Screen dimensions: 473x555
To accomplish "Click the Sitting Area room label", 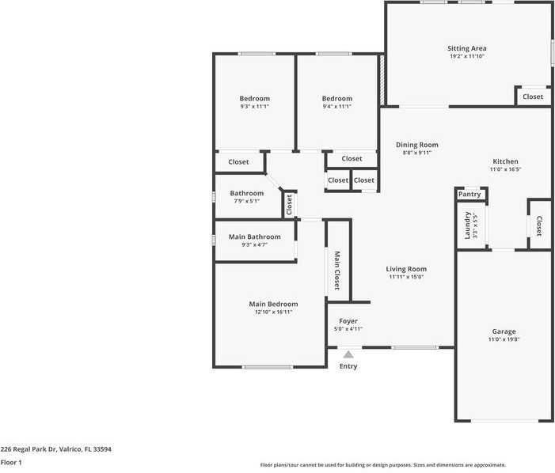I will tap(466, 48).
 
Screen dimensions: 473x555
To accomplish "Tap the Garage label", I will tap(504, 331).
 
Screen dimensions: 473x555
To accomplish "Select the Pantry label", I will tap(469, 194).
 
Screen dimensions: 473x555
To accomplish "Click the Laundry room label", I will tap(468, 225).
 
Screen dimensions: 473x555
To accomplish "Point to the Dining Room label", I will tap(416, 145).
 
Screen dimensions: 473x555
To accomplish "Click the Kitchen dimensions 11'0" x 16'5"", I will tap(505, 169).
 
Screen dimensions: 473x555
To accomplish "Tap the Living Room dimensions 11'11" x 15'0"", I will tap(407, 277).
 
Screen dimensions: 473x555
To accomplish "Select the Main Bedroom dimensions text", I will tap(273, 312).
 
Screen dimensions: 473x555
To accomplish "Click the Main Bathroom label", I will tap(254, 236).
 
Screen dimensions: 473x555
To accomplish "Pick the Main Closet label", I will tap(337, 270).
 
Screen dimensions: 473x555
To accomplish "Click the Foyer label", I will tap(348, 321).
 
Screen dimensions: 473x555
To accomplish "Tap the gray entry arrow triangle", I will tap(348, 354).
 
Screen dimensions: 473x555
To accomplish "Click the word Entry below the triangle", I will tap(348, 366).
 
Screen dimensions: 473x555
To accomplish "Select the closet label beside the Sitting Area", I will tap(533, 96).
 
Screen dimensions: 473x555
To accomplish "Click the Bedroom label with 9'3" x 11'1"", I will tap(255, 99).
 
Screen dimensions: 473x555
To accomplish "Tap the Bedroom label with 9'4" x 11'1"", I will tap(337, 99).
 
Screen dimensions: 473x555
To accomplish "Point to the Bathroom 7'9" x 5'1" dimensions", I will tap(246, 201).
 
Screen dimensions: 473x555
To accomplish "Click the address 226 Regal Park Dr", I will tap(56, 448).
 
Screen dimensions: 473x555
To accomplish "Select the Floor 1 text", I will tap(11, 461).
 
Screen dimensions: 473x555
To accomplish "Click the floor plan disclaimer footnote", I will tap(383, 465).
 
